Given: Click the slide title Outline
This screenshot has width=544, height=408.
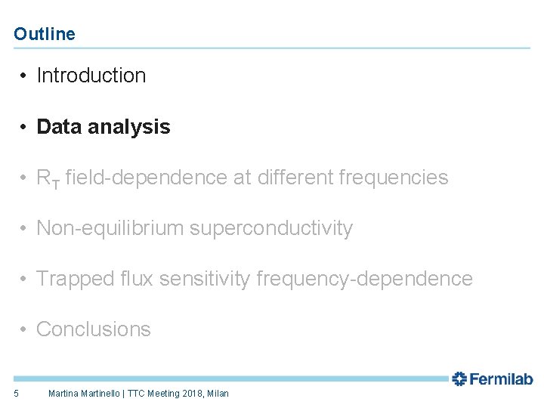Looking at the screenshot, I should (45, 34).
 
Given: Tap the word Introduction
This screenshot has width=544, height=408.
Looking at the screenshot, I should (91, 76).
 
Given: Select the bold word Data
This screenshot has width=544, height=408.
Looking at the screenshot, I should (57, 127).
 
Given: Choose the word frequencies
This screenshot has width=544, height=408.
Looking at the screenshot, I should (394, 178).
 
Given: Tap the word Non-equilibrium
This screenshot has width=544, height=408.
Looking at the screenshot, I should (109, 228).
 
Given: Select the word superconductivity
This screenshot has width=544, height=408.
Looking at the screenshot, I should (270, 228).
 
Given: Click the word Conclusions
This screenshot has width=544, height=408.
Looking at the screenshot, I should (94, 329).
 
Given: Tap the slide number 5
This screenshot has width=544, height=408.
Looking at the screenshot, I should (16, 393).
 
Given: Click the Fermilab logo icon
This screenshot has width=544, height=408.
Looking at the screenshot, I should (459, 379).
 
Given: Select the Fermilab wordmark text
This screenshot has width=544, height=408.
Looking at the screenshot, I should (502, 379).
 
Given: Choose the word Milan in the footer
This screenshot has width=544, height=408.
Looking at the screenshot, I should (218, 393).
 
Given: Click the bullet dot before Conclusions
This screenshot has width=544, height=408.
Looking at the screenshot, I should (25, 329).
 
